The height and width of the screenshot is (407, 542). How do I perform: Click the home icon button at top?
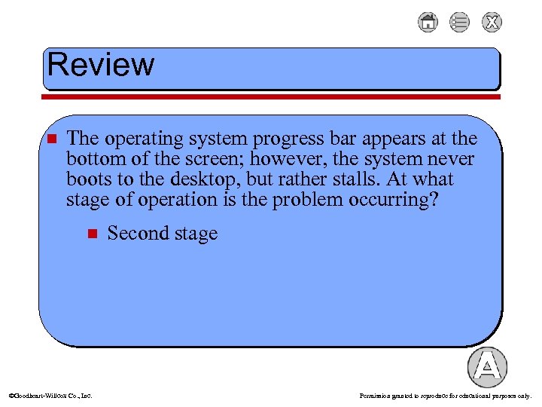pos(428,23)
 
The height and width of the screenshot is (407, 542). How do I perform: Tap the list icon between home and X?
pos(459,23)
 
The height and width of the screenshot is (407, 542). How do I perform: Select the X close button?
pos(492,23)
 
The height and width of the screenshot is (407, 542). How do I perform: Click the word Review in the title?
pos(100,65)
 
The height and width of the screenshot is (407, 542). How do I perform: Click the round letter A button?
pos(487,367)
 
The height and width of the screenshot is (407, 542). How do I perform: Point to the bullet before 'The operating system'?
pos(51,139)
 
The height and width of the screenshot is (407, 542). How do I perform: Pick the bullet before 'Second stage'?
pos(92,234)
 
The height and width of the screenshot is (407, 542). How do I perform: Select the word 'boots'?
pos(88,180)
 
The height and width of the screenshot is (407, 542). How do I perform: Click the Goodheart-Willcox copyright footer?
pos(50,395)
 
